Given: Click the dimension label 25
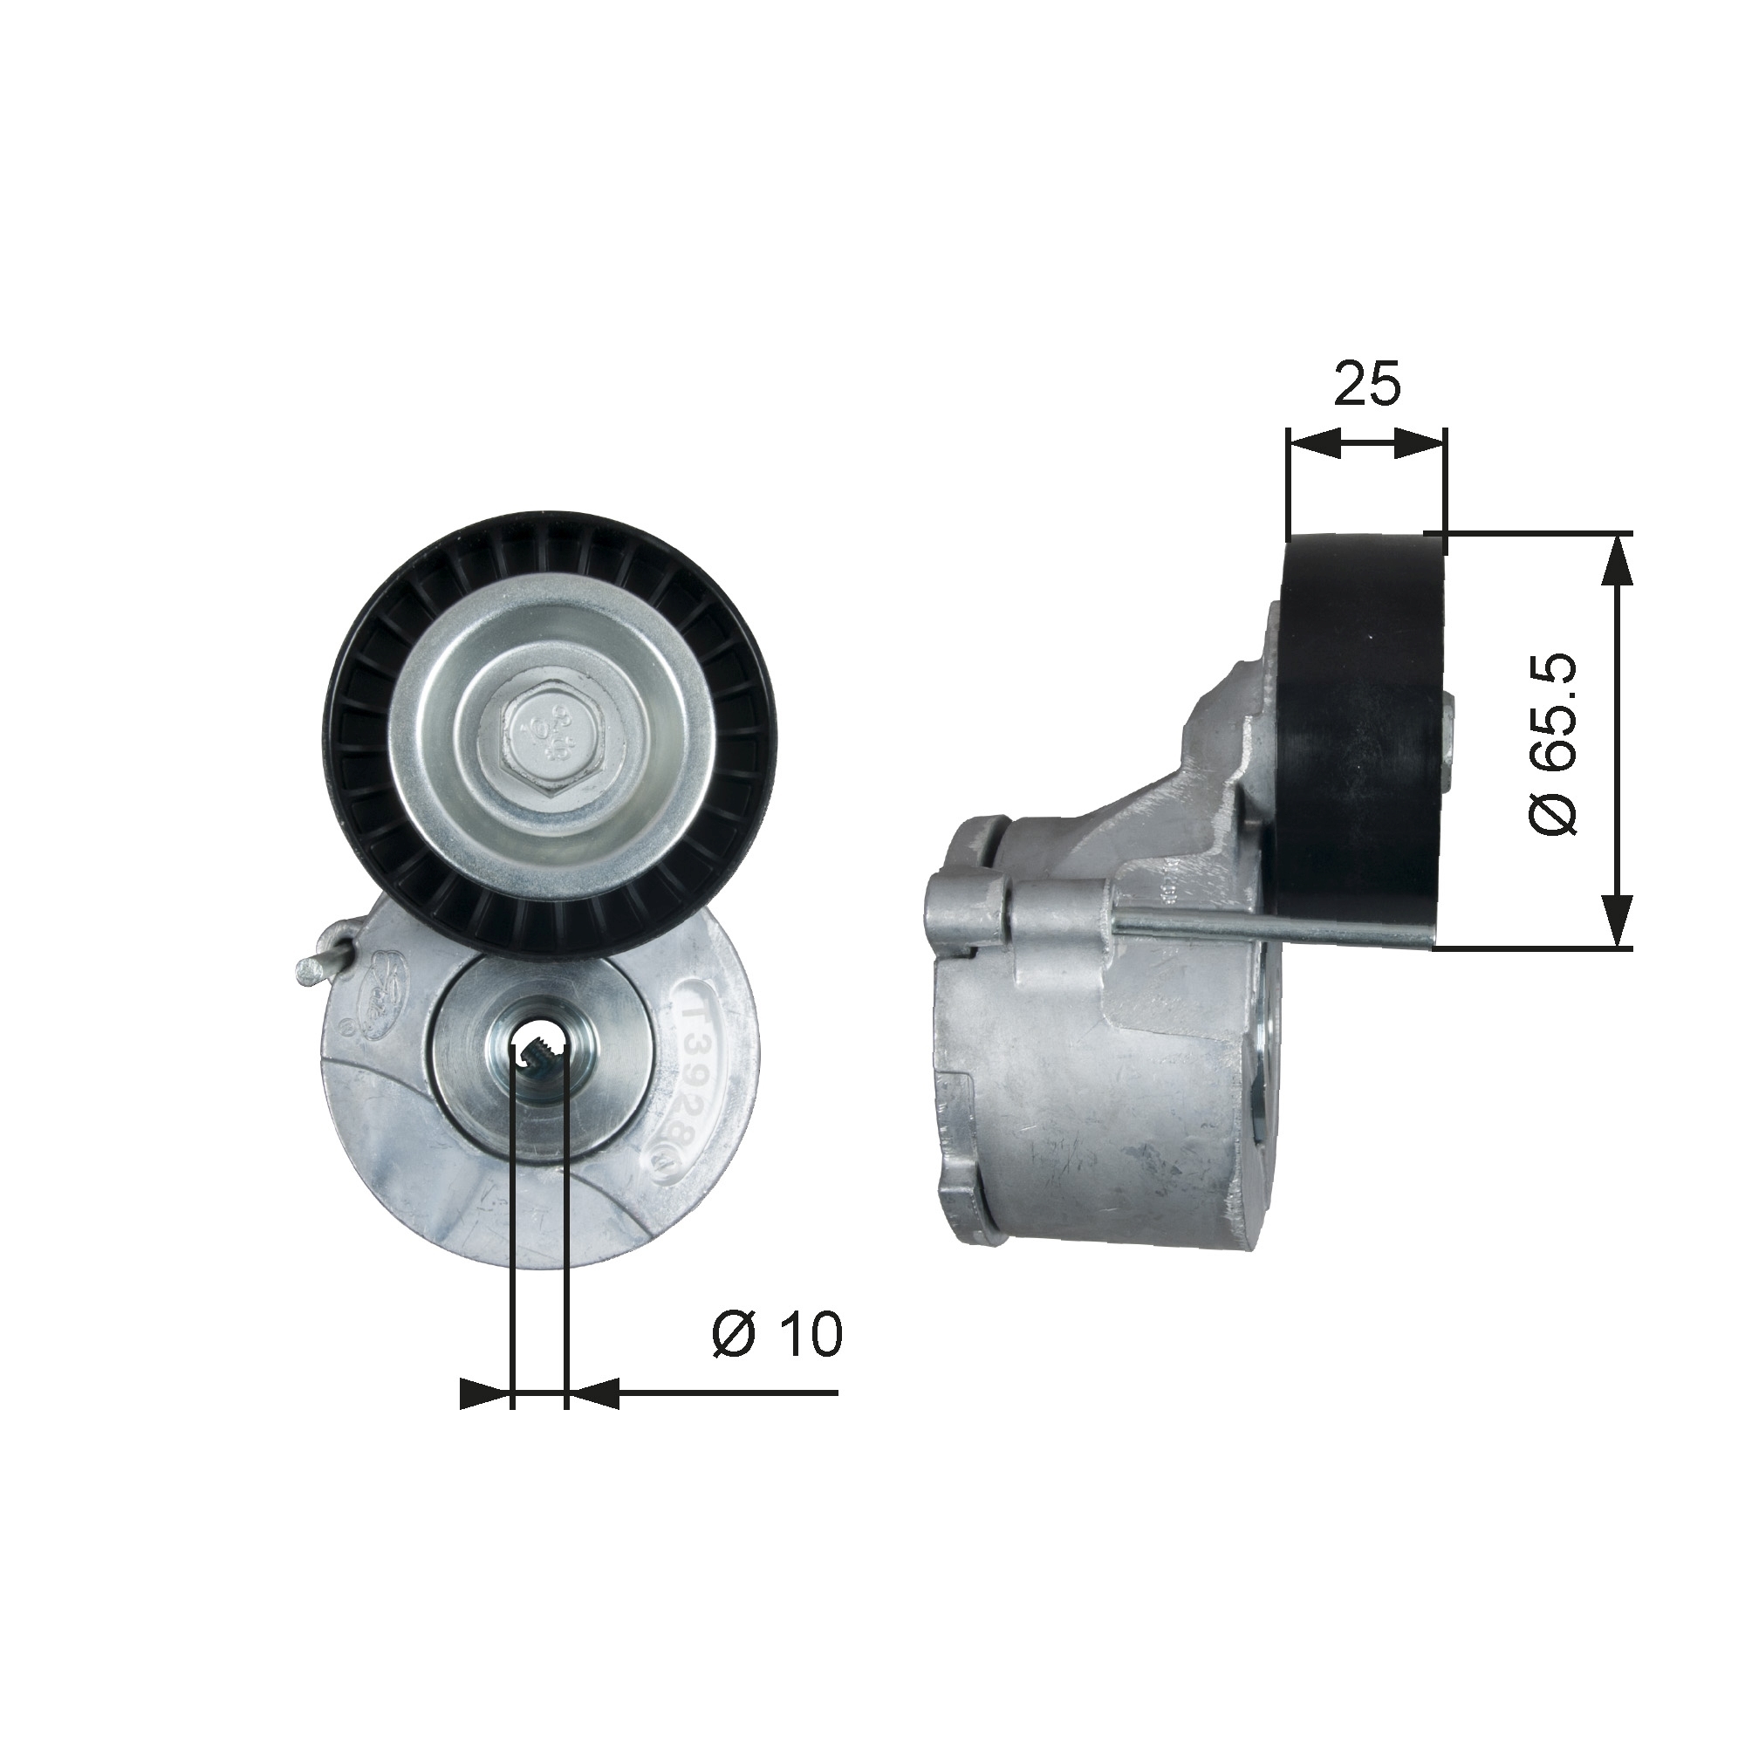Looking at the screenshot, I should click(1366, 384).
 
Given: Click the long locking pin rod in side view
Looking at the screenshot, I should click(1264, 927).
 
